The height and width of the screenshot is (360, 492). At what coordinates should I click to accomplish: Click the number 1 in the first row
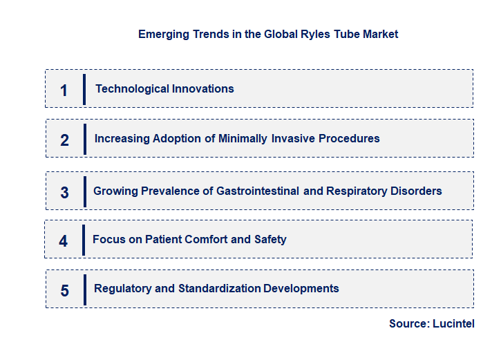pos(64,90)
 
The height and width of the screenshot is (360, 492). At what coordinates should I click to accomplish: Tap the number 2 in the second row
pos(64,140)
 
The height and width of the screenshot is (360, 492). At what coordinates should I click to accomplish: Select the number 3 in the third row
pos(64,193)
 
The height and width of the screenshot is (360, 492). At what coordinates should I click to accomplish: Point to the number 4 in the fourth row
pos(64,241)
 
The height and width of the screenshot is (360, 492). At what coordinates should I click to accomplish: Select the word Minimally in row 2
pos(243,138)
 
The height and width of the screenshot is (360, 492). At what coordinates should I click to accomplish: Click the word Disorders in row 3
pos(415,191)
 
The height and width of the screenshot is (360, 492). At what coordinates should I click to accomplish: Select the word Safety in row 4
pos(270,239)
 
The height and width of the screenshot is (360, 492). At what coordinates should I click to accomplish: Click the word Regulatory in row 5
pos(120,288)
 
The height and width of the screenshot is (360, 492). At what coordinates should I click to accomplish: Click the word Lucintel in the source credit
pos(453,323)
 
